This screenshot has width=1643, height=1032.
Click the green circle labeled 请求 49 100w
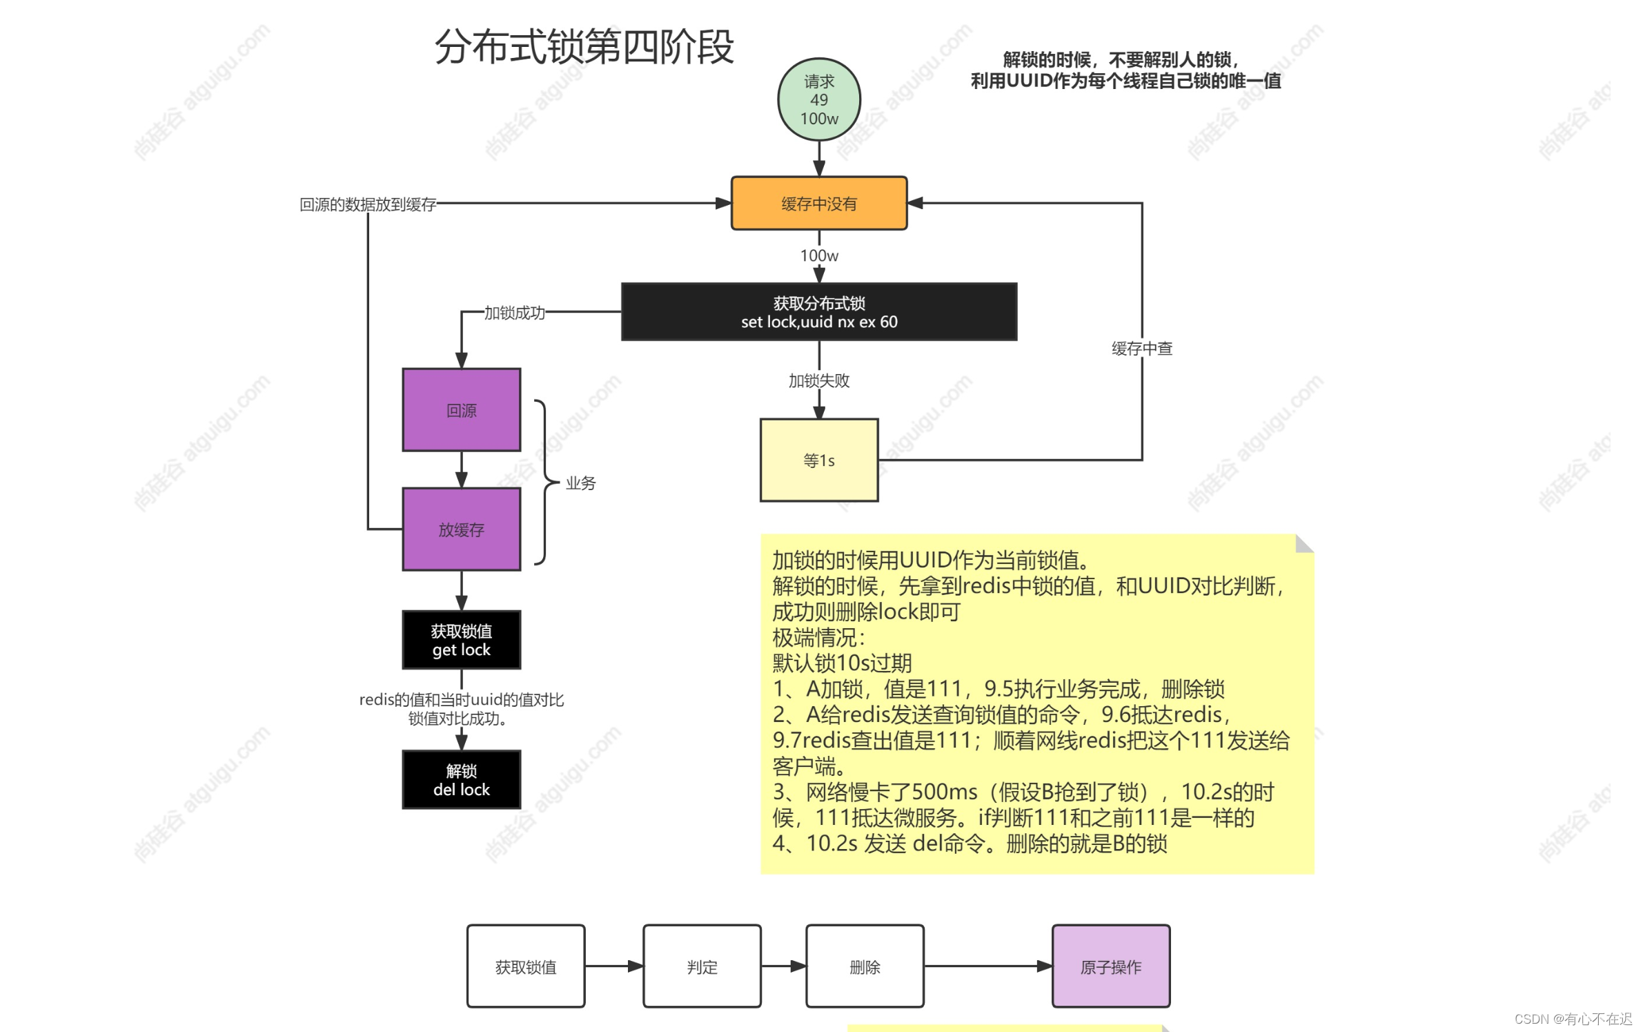tap(818, 99)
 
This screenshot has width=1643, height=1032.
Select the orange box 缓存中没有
tap(818, 203)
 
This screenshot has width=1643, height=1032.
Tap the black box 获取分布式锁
tap(818, 312)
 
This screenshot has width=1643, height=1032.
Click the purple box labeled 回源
tap(461, 410)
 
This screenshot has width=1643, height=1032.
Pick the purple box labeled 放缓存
tap(461, 529)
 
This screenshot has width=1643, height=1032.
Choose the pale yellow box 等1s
tap(818, 460)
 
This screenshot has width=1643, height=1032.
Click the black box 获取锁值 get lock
tap(461, 640)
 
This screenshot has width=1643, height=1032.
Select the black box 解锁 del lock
tap(461, 779)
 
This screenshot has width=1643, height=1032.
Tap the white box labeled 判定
tap(702, 966)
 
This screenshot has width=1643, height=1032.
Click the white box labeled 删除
tap(865, 966)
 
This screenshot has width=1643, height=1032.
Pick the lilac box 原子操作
tap(1110, 966)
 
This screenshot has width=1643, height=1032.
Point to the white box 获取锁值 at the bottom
tap(525, 966)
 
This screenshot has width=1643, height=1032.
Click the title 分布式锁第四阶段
tap(584, 47)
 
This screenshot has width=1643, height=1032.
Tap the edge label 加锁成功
tap(514, 313)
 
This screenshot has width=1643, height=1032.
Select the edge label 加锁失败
tap(818, 380)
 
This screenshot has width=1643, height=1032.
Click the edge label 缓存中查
tap(1141, 349)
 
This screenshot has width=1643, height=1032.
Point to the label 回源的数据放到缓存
tap(368, 204)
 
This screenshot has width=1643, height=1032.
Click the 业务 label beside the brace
tap(580, 483)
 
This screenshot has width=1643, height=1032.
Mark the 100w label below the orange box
tap(818, 255)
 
